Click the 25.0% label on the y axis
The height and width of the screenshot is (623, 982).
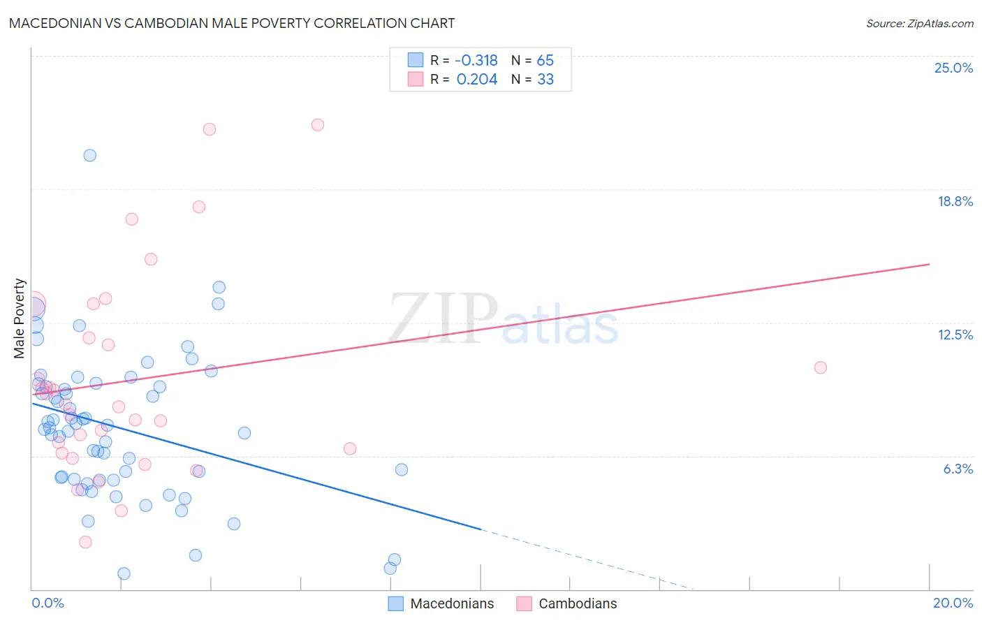(x=953, y=68)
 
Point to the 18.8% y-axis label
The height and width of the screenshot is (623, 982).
(x=955, y=201)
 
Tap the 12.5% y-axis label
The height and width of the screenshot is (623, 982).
(x=955, y=335)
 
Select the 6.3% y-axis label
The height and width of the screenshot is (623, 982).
(x=958, y=469)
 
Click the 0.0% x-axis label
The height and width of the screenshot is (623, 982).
(x=47, y=603)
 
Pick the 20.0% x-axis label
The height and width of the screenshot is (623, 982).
(x=953, y=603)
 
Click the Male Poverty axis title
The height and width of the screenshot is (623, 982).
(x=20, y=318)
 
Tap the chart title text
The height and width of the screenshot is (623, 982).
(x=232, y=23)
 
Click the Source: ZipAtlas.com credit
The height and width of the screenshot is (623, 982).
(x=919, y=23)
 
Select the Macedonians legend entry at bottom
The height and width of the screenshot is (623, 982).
(x=451, y=603)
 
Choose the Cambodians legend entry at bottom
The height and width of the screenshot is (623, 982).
(x=577, y=603)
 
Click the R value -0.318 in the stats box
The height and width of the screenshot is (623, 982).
(x=476, y=61)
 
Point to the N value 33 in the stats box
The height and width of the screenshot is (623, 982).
(x=545, y=80)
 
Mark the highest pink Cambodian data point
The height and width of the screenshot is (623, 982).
(x=318, y=125)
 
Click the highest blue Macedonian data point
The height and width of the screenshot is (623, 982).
(x=90, y=156)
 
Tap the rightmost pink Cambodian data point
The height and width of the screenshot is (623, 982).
(x=821, y=367)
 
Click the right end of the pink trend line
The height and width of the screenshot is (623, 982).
(x=929, y=264)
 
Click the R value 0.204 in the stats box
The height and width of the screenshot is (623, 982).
(x=477, y=80)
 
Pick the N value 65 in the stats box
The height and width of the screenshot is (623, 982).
(x=545, y=61)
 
